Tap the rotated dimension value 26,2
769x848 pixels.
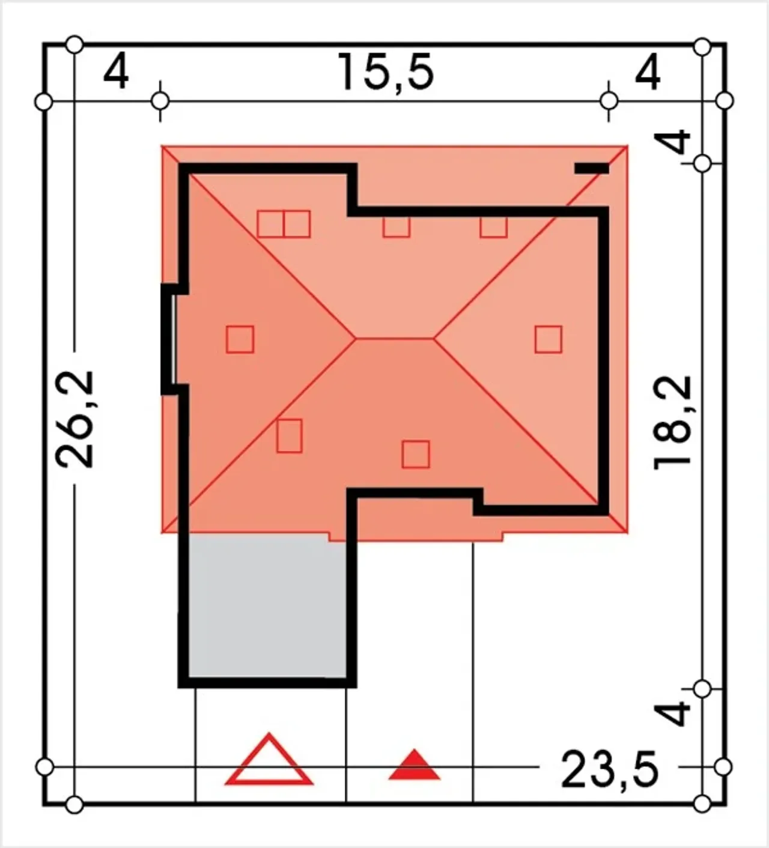pos(74,419)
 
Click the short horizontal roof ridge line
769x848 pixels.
pos(395,338)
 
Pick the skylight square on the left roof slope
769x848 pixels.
pos(240,339)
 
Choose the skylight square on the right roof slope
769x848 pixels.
pos(548,339)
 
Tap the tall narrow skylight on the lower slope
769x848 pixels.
pos(290,436)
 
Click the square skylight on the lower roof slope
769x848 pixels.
pos(415,454)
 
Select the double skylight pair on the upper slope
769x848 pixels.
pos(284,223)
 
